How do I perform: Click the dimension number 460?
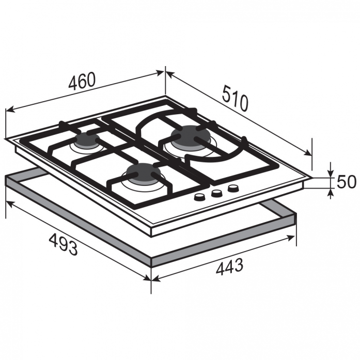82,81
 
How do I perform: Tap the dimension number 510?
235,98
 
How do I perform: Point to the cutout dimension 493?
63,244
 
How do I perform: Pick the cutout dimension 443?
229,267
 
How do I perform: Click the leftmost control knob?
199,197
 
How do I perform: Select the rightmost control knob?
233,189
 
